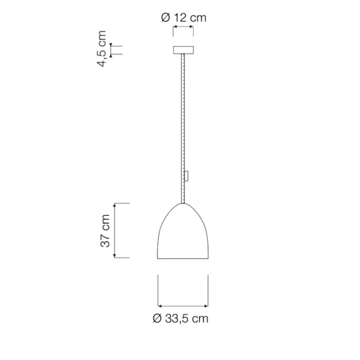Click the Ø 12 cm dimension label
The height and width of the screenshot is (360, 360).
point(184,18)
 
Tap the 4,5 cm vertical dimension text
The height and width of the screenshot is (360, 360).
point(102,49)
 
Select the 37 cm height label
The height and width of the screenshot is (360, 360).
point(105,231)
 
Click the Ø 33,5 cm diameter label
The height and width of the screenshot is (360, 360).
point(181,319)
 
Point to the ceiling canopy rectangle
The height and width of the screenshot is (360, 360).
point(183,50)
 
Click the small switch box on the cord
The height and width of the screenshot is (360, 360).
point(186,176)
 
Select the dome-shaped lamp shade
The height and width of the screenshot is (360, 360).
point(182,231)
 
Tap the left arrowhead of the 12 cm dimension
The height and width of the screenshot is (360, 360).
point(175,27)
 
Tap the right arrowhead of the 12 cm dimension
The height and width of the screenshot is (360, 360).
point(191,27)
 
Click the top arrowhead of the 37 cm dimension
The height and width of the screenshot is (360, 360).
point(115,205)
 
